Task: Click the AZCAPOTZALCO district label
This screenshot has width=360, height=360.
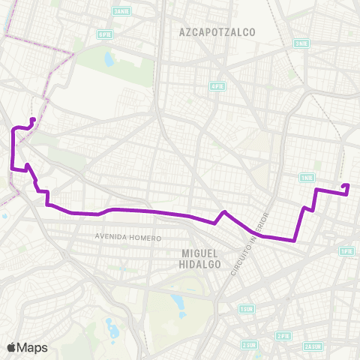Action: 217,32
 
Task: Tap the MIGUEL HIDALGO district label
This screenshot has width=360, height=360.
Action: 202,258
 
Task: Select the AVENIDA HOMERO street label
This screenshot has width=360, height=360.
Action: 128,238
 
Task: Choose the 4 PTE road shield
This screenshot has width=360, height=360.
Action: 217,86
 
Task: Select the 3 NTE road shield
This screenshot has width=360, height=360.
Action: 301,43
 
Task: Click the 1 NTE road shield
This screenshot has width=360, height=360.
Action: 306,178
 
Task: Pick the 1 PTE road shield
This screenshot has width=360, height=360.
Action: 346,251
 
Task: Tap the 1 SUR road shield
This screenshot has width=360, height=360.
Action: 245,309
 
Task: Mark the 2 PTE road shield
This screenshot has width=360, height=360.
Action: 283,336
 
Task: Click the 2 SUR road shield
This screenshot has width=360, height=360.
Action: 247,345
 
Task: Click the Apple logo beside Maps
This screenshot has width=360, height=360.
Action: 11,347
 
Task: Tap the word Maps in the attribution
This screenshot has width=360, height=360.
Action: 32,347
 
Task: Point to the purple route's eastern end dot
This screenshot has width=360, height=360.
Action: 345,186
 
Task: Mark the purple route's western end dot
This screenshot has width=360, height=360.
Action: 32,120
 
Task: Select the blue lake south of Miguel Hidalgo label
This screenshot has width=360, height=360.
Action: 177,304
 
